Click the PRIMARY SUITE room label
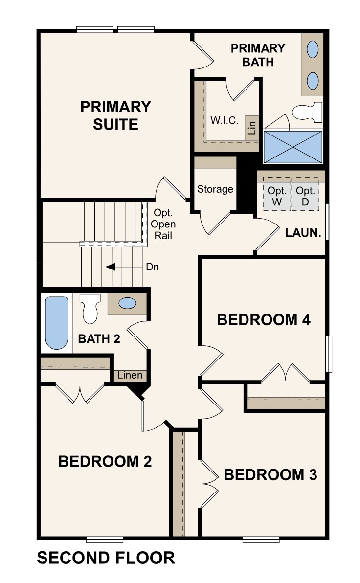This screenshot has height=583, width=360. pos(115,115)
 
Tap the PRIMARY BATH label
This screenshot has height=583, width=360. pos(258,55)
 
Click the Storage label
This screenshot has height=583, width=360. pos(215,189)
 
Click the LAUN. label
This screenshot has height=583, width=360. pos(303,233)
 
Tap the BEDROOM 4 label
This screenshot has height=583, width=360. pos(264,320)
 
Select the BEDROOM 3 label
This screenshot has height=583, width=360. pos(270,474)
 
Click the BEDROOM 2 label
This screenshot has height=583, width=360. pos(105,461)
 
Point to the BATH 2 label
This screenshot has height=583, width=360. pos(99,338)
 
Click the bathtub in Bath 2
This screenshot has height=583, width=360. pos(56,322)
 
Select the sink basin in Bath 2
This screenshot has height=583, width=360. pos(127,303)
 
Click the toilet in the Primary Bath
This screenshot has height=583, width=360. pos(307,112)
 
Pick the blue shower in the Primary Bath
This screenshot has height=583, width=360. pos(293,146)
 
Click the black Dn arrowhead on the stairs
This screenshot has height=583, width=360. pos(111,267)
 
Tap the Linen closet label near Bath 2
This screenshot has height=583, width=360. pos(130,375)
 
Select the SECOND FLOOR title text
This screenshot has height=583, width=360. pos(106,558)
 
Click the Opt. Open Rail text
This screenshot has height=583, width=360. pos(163,224)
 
